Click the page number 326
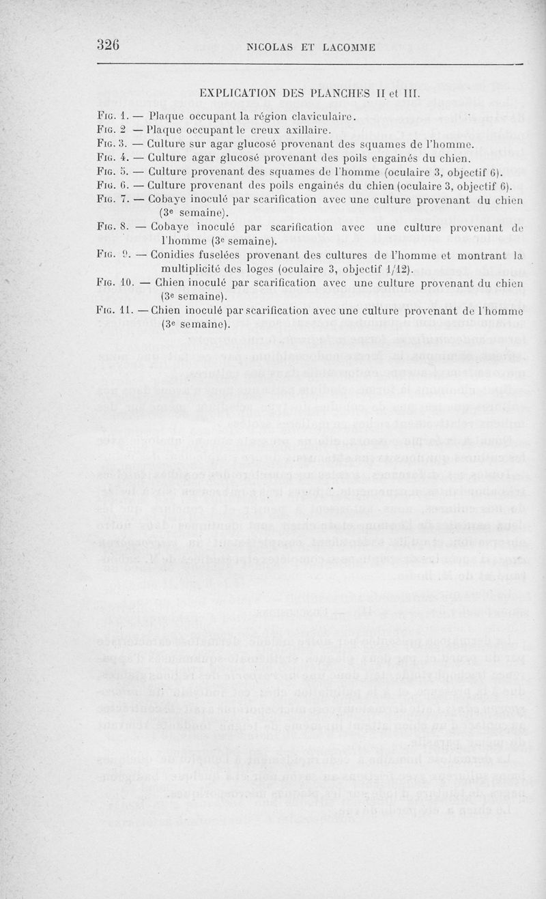click(108, 45)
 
